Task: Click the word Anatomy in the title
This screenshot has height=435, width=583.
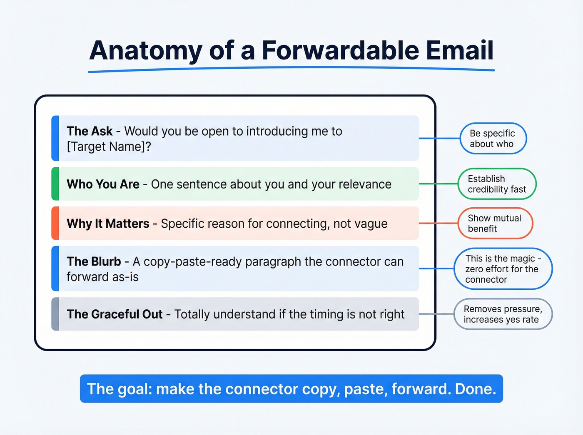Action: pyautogui.click(x=145, y=51)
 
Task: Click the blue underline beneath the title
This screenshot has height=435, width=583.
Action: pyautogui.click(x=291, y=70)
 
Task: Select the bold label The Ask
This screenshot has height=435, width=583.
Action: pyautogui.click(x=90, y=131)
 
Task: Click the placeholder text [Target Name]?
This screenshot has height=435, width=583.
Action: pyautogui.click(x=109, y=147)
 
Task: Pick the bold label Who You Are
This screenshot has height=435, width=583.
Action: pyautogui.click(x=103, y=184)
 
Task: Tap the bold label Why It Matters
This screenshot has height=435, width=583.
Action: pyautogui.click(x=108, y=224)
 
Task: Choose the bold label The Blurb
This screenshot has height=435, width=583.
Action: pyautogui.click(x=94, y=261)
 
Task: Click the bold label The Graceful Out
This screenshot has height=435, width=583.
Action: pyautogui.click(x=115, y=314)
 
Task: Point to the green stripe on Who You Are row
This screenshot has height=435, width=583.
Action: pyautogui.click(x=55, y=184)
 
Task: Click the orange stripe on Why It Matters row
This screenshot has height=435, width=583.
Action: pyautogui.click(x=55, y=223)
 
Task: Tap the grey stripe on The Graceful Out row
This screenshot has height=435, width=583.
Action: pyautogui.click(x=55, y=314)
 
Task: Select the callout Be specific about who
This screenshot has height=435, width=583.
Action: pyautogui.click(x=493, y=138)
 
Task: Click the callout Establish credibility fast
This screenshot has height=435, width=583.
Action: pyautogui.click(x=497, y=184)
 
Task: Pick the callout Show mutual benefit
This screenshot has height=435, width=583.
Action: pyautogui.click(x=495, y=223)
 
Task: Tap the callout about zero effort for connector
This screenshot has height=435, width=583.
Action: pyautogui.click(x=503, y=269)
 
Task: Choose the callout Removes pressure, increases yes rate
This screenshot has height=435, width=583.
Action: pyautogui.click(x=503, y=314)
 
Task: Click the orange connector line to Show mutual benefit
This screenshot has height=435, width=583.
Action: pyautogui.click(x=438, y=223)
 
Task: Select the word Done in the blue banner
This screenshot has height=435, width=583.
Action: pyautogui.click(x=474, y=389)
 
